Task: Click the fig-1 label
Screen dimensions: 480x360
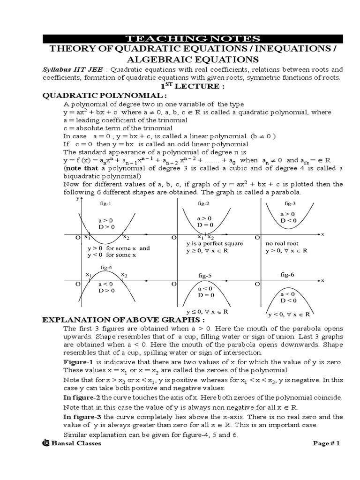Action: point(105,204)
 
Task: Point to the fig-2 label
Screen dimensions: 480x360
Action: point(204,204)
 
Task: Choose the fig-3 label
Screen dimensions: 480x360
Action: point(290,204)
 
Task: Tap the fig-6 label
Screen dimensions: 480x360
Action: point(287,274)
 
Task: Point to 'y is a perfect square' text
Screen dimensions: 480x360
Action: point(208,244)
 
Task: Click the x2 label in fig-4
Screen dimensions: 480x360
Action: point(124,275)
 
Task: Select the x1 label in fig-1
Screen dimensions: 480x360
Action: point(87,238)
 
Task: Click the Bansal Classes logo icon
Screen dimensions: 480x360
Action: point(46,443)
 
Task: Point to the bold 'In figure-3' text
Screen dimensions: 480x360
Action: point(82,417)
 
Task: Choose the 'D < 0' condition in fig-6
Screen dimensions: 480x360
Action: point(288,300)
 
